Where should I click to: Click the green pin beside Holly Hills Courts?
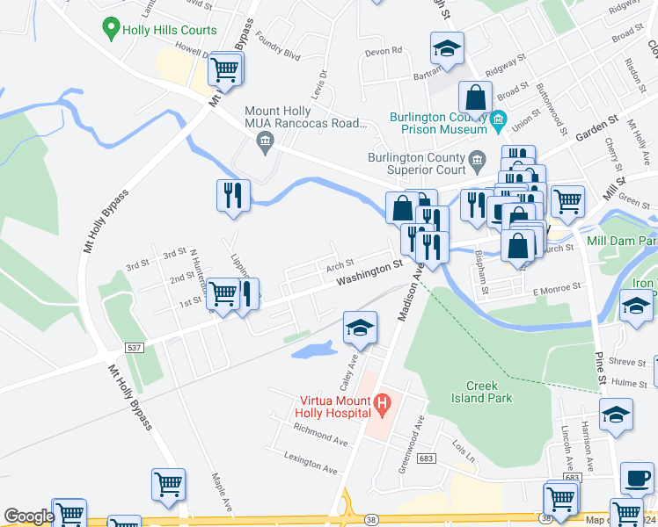tap(111, 30)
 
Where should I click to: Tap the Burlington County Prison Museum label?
tap(439, 122)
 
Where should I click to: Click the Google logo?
tap(28, 516)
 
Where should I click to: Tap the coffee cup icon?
tap(636, 479)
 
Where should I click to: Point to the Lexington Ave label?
tap(311, 458)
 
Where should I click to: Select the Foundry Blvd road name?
tap(280, 54)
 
